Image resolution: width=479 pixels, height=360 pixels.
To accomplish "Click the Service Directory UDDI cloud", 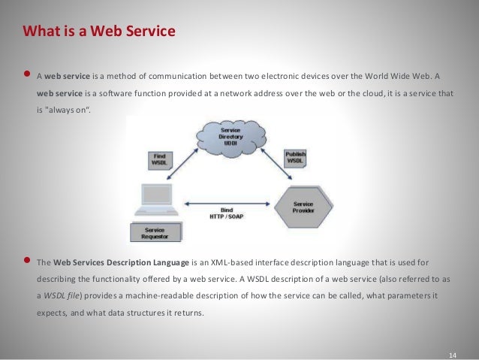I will tap(230, 136).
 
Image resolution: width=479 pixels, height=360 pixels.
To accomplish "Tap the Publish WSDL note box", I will tap(296, 158).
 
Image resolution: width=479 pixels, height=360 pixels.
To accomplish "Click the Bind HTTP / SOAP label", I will tap(229, 215).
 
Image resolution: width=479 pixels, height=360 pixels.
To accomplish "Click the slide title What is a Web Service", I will tap(99, 32).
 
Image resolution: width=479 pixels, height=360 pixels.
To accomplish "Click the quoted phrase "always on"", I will tap(72, 110).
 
